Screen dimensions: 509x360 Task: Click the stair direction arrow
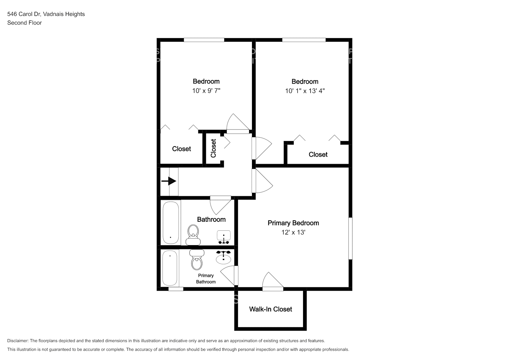click(169, 181)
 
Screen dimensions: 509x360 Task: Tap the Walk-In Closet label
click(270, 309)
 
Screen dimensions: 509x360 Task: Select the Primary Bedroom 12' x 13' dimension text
click(293, 232)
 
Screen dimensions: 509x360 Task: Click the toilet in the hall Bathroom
click(193, 235)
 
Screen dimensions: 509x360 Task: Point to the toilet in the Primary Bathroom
click(197, 260)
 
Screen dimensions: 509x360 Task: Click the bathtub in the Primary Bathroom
click(170, 268)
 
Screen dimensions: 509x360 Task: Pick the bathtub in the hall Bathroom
click(171, 223)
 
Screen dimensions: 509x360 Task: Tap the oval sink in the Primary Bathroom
click(224, 257)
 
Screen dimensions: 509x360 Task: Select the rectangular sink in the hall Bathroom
click(224, 237)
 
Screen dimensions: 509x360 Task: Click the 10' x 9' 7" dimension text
click(206, 91)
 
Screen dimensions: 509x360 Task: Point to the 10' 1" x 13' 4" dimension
click(305, 91)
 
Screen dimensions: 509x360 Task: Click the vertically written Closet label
click(213, 148)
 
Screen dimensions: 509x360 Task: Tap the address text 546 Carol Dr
click(24, 14)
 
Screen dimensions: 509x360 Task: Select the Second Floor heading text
click(24, 23)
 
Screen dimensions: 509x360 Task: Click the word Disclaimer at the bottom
click(18, 341)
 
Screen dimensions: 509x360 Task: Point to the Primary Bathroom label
click(206, 279)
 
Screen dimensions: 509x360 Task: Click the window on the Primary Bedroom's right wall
click(350, 238)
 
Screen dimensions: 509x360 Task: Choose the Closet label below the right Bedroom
click(318, 154)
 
